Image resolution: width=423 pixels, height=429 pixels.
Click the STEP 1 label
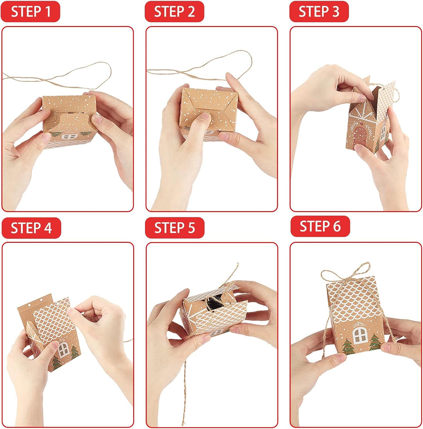[x=31, y=12]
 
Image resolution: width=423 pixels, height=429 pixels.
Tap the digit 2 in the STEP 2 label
[x=190, y=12]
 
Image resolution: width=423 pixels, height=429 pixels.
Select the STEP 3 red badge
[x=319, y=12]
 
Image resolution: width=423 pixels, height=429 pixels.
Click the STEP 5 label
[x=174, y=228]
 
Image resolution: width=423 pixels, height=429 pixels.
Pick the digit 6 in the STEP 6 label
[x=336, y=226]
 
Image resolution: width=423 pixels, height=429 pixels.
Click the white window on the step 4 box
[x=63, y=349]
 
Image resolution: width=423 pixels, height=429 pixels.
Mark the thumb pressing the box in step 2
[x=204, y=120]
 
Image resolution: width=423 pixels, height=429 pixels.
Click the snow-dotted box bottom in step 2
[x=209, y=106]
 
